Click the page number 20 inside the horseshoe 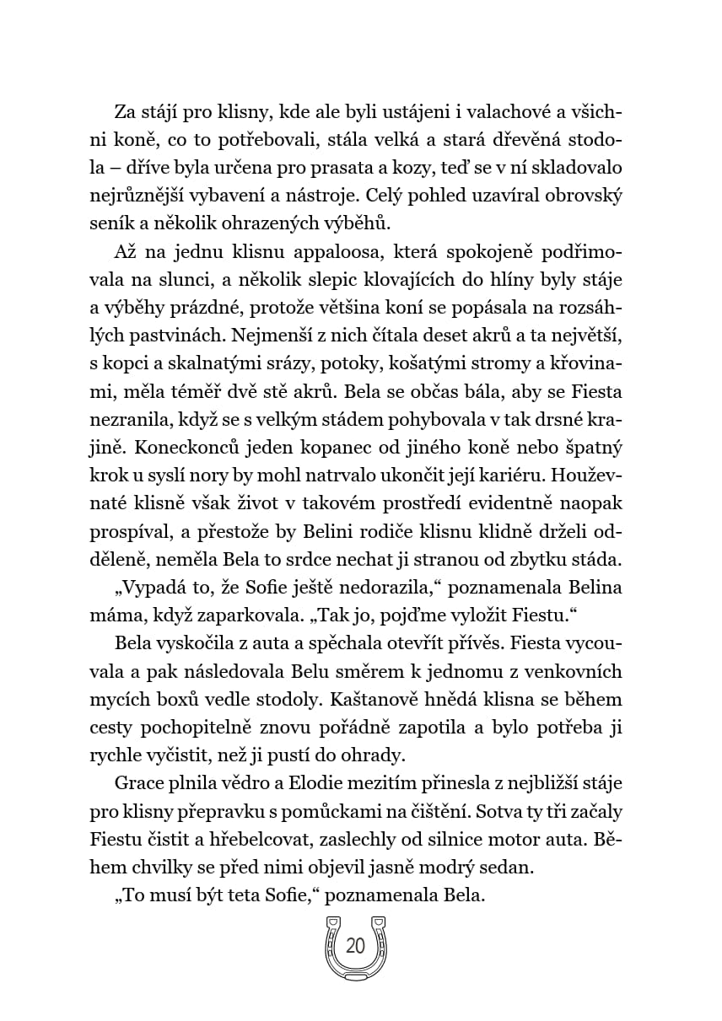(x=355, y=946)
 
